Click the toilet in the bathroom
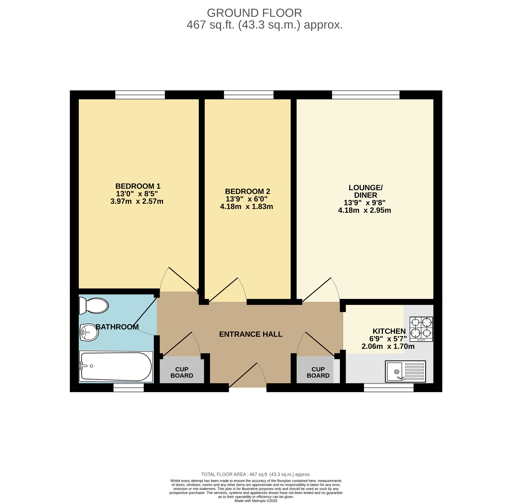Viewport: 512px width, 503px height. tap(94, 306)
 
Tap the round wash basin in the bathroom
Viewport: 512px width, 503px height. tap(89, 332)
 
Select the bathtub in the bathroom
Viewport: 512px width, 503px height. tap(116, 367)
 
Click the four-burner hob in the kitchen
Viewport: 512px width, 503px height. tap(421, 329)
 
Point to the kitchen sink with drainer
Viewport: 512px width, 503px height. tap(405, 371)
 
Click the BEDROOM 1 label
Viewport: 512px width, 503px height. tap(138, 186)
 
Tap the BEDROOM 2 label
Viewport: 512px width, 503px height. tap(247, 191)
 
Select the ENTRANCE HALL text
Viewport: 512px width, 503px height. tap(251, 334)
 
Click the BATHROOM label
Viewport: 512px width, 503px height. tap(117, 327)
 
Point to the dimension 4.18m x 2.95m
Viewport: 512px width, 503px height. tap(364, 210)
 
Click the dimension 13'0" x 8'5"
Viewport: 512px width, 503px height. tap(137, 194)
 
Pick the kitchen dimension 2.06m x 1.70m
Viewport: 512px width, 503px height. tap(388, 346)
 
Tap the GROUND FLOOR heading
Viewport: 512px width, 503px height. tap(254, 13)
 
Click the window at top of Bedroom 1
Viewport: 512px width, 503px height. tap(140, 95)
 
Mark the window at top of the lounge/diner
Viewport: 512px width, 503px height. tap(366, 95)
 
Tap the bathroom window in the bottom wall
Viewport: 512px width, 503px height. tap(129, 388)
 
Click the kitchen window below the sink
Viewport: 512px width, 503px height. tap(389, 388)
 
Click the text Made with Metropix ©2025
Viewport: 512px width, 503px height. tap(256, 500)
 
